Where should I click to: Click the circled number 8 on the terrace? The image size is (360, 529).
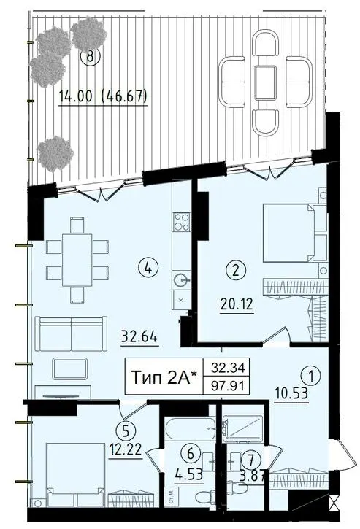pos(90,56)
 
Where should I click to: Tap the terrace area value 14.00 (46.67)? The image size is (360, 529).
pos(103,96)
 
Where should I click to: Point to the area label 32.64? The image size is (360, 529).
pos(139,337)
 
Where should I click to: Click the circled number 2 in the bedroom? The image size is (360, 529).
pos(236,270)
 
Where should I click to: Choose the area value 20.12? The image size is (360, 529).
pos(237,305)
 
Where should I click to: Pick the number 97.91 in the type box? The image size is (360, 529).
pos(227,385)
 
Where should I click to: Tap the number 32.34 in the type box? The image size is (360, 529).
pos(227,368)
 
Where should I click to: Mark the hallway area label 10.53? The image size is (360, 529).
pos(291,393)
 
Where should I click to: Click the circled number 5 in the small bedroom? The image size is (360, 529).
pos(126,430)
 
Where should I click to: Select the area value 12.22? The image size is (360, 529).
pos(126,449)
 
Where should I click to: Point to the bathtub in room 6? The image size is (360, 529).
pos(189,429)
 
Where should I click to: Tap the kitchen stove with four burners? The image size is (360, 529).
pos(181,222)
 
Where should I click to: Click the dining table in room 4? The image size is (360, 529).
pos(77,260)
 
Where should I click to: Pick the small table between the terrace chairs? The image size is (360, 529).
pos(266,83)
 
